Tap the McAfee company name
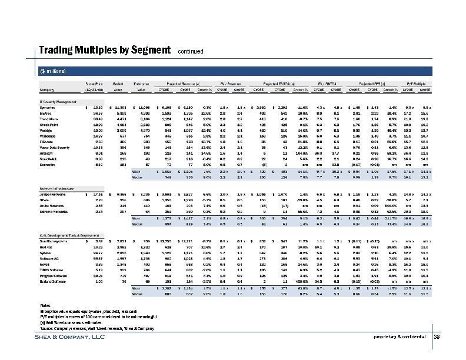point(46,113)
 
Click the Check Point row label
point(49,124)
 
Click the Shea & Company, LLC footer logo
point(71,337)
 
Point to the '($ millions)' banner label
point(54,72)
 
